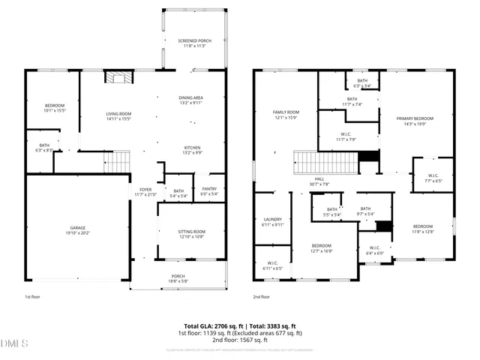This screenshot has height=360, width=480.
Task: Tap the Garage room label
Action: (78, 229)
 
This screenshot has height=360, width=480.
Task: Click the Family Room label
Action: (286, 115)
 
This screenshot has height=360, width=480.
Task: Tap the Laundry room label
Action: (272, 222)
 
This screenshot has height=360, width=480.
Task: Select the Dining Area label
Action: (191, 100)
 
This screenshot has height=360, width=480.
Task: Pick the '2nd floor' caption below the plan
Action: (262, 298)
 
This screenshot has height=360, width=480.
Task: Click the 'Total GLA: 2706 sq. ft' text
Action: (214, 326)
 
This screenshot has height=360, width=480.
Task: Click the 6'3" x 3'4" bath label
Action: (362, 83)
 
